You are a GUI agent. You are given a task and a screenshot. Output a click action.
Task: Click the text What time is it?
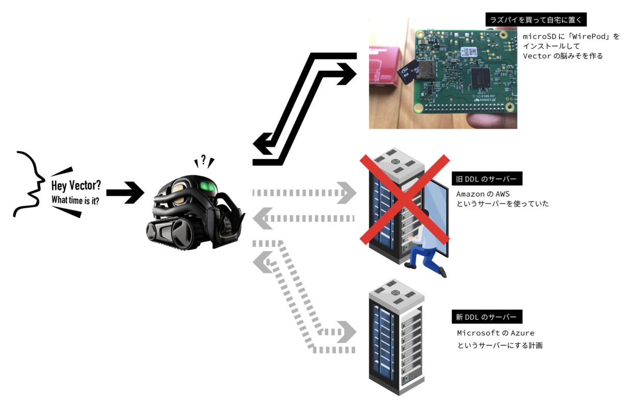point(75,200)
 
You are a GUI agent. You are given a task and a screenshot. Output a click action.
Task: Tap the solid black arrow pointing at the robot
point(125,193)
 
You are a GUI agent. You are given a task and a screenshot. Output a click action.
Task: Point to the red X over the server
point(405,199)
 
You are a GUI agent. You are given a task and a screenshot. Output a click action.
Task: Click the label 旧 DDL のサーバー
point(487,178)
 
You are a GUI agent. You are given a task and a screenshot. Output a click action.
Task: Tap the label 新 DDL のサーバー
point(487,317)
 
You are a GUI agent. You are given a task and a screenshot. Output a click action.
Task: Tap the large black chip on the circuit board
point(480,78)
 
